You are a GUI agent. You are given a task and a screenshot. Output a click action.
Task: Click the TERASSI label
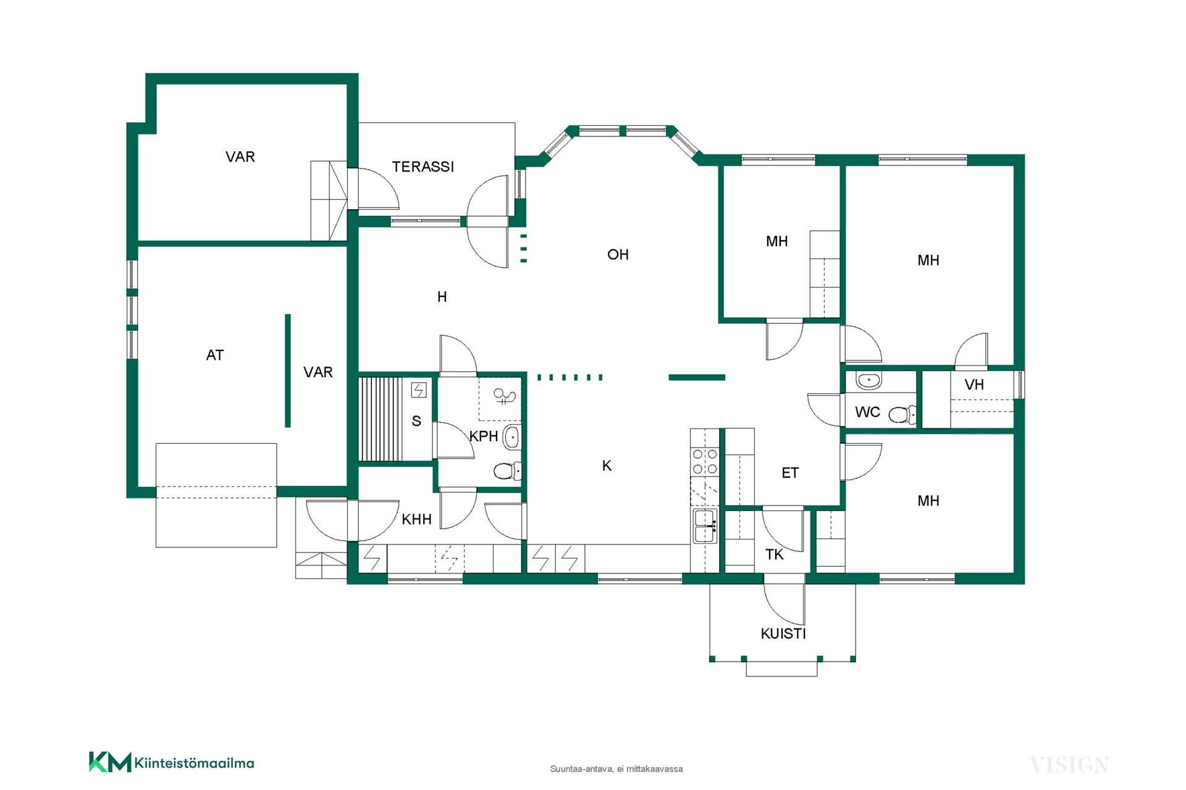pyautogui.click(x=423, y=167)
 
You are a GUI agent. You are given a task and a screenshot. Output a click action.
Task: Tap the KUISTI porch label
pyautogui.click(x=783, y=634)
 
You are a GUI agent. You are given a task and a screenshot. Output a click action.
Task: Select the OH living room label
pyautogui.click(x=618, y=254)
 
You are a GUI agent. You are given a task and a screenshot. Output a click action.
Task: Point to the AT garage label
pyautogui.click(x=215, y=355)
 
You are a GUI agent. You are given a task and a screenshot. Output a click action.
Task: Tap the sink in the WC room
pyautogui.click(x=868, y=381)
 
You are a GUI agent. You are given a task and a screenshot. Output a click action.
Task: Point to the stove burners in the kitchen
pyautogui.click(x=705, y=462)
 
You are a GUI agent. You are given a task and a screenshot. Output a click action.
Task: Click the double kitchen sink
pyautogui.click(x=705, y=526)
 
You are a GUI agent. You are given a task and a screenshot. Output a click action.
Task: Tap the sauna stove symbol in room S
pyautogui.click(x=419, y=390)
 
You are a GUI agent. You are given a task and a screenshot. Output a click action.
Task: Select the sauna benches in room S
pyautogui.click(x=381, y=418)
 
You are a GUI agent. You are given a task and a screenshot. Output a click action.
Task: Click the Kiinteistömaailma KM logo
pyautogui.click(x=172, y=762)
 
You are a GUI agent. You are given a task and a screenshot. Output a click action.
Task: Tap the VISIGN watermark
pyautogui.click(x=1069, y=765)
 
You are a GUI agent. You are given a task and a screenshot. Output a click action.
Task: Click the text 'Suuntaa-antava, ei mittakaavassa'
pyautogui.click(x=616, y=769)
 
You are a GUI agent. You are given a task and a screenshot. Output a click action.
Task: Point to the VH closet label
pyautogui.click(x=974, y=385)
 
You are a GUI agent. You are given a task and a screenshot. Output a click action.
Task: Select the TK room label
pyautogui.click(x=774, y=554)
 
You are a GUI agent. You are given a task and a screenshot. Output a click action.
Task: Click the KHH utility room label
pyautogui.click(x=416, y=520)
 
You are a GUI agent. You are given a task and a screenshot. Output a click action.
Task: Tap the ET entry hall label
pyautogui.click(x=790, y=473)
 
